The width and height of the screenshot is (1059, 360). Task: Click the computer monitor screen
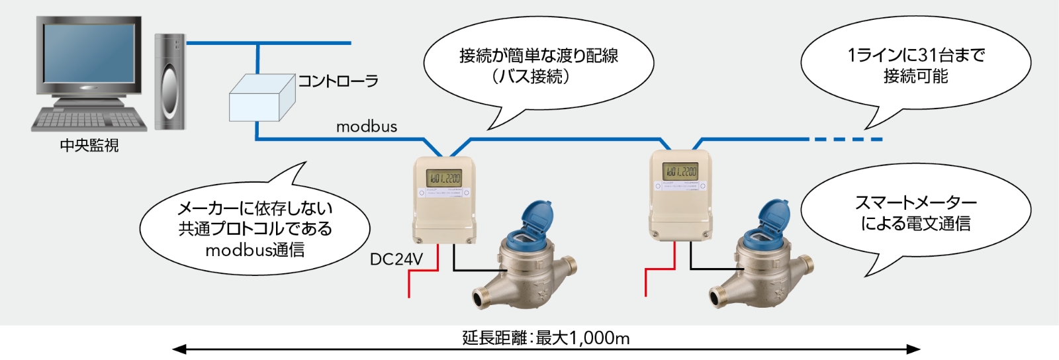click(89, 56)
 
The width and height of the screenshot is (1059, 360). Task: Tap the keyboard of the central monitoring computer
click(89, 120)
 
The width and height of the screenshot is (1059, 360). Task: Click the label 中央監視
click(89, 146)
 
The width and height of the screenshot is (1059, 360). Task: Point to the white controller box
click(261, 99)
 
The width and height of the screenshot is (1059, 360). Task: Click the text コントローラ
click(338, 81)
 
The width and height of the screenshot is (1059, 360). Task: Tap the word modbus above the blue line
click(367, 126)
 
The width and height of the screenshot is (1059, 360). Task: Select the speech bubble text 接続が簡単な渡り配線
click(538, 56)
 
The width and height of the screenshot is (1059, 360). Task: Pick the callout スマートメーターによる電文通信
click(915, 213)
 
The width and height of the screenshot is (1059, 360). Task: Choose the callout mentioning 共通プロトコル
click(255, 229)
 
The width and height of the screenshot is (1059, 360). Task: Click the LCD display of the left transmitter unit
click(443, 177)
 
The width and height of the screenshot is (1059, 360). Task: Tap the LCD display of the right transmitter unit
click(680, 171)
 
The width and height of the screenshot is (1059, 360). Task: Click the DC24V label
click(396, 259)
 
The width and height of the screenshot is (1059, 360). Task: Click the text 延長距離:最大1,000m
click(545, 338)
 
